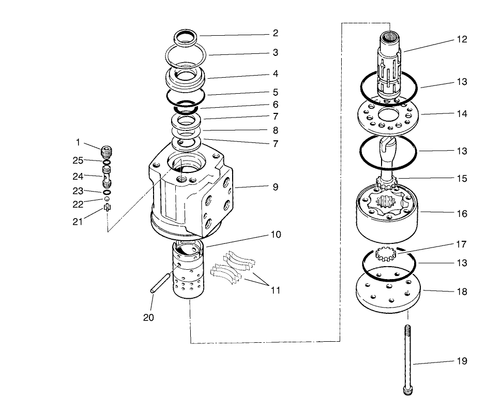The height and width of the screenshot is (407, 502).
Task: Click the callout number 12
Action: pos(462,39)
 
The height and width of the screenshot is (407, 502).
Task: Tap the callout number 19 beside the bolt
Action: pos(462,361)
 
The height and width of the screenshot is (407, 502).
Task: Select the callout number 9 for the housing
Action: pos(276,186)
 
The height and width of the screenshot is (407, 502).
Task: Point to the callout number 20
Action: pos(149,317)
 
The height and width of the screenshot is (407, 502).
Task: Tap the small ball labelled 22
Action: pos(107,199)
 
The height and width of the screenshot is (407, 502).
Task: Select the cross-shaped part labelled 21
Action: pos(107,208)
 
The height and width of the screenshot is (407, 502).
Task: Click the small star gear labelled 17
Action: pos(384,254)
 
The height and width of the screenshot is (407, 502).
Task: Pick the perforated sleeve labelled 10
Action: pos(189,272)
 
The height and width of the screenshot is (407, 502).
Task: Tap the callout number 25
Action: pos(77,161)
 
